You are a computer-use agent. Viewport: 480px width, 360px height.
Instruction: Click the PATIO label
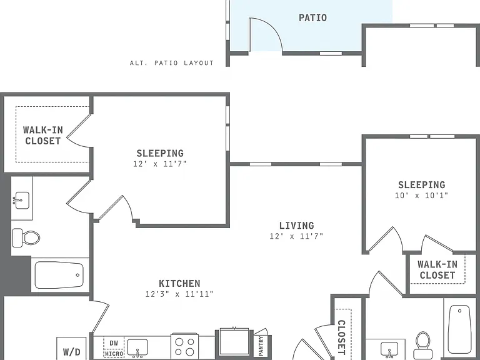point(312,17)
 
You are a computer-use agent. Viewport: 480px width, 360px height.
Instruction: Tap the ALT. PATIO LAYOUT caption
point(172,63)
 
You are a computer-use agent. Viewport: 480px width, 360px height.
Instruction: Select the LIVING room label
point(297,226)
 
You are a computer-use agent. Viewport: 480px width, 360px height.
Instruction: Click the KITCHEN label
point(180,284)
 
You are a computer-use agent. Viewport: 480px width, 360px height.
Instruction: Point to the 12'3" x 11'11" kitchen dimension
point(179,294)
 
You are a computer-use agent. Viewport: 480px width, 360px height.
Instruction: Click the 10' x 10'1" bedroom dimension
point(421,195)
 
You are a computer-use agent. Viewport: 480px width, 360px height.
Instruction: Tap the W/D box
point(71,349)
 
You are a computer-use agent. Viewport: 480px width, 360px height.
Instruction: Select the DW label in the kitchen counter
point(114,343)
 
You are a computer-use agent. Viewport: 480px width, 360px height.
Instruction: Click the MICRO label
point(114,354)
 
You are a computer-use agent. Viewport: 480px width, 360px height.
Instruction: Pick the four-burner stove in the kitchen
point(184,346)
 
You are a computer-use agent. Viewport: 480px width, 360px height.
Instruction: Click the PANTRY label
point(261,346)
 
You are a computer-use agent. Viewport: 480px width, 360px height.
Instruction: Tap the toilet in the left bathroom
point(26,238)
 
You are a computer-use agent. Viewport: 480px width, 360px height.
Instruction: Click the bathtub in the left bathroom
point(59,275)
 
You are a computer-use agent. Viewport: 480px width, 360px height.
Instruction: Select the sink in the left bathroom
point(22,200)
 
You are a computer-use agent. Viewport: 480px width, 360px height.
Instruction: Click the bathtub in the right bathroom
point(459,329)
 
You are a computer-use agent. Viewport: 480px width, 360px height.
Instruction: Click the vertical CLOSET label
point(341,337)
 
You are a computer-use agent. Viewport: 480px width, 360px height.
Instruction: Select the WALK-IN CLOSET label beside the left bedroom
point(43,135)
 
